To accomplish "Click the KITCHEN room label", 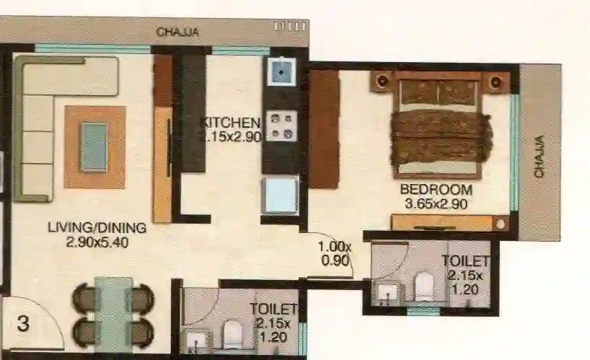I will coord(230,122).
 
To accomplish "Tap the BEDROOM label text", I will coord(436,190).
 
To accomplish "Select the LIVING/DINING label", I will coord(97,228).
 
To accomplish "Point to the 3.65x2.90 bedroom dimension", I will coord(436,203).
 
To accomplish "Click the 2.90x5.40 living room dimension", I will coord(97,242).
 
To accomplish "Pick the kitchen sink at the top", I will coord(280,72).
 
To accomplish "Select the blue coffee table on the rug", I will coord(94,147).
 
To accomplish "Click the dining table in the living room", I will coord(114,314).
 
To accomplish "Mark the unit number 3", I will coord(23,324).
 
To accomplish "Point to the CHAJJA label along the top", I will coord(177,32).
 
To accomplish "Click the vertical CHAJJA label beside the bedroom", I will coord(539,158).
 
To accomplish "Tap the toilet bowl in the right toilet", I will coord(423,286).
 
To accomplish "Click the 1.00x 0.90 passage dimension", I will coord(335,253).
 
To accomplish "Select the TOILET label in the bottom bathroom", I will coord(273,309).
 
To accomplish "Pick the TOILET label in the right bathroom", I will coord(466,261).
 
